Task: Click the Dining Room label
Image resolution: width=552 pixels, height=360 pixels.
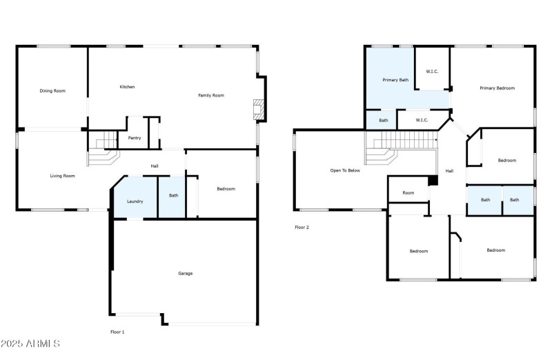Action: click(52, 90)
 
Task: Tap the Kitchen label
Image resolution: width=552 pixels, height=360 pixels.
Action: click(127, 87)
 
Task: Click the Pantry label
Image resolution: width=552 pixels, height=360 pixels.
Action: click(135, 138)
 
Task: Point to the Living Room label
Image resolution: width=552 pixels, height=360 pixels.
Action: click(62, 176)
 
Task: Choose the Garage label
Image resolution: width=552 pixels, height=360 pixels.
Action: click(186, 273)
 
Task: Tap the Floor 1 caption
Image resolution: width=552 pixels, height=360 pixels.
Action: click(118, 332)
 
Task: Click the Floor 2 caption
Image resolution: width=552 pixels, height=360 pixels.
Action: click(302, 227)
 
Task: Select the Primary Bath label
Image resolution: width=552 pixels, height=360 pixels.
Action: click(395, 80)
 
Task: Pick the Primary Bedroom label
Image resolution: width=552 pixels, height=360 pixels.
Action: click(497, 88)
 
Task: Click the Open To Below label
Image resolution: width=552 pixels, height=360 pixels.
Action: click(345, 170)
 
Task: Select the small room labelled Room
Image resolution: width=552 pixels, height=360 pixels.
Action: click(408, 192)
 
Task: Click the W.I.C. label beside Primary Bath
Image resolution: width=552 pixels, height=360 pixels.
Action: click(433, 71)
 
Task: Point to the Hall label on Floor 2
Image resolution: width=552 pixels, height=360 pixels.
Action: click(449, 171)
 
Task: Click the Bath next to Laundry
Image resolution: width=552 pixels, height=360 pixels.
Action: click(173, 196)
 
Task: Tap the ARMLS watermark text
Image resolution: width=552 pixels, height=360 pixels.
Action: click(30, 343)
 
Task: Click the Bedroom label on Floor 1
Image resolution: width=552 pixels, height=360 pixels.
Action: click(226, 189)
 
